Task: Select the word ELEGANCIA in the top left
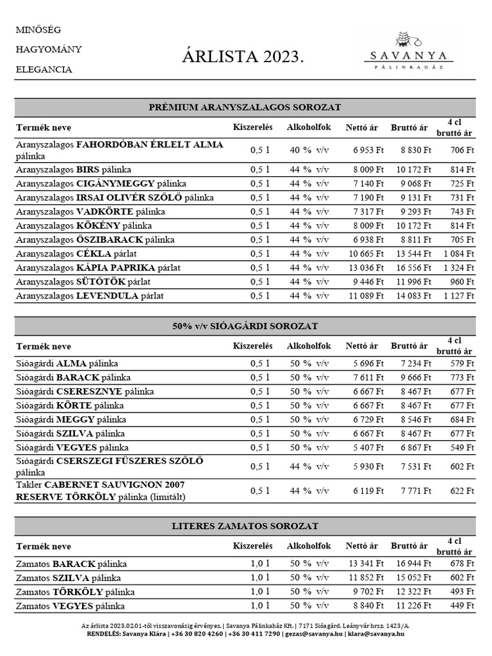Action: click(44, 69)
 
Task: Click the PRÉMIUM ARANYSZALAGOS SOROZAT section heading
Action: click(245, 107)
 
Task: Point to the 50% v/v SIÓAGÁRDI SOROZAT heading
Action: click(245, 326)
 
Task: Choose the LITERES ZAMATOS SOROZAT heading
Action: click(245, 526)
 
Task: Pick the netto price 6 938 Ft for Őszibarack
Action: click(366, 240)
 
